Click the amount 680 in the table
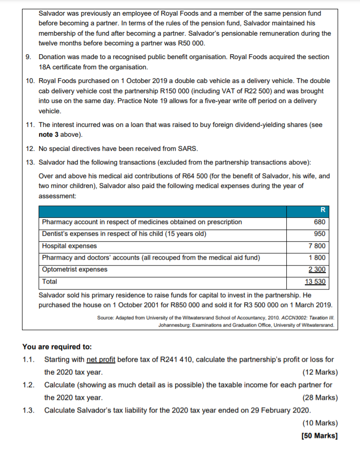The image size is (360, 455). [x=320, y=222]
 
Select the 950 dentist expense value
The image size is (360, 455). [x=320, y=234]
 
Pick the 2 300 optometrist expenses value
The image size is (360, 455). [x=317, y=269]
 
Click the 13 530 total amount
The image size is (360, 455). [x=315, y=282]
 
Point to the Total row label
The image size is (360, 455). [x=49, y=282]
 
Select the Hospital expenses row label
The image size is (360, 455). [x=69, y=246]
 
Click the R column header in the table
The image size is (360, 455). [x=322, y=210]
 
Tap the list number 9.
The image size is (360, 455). [x=29, y=57]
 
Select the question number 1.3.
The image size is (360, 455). [x=28, y=410]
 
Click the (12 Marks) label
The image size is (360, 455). [x=320, y=372]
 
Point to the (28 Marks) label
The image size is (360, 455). [x=320, y=397]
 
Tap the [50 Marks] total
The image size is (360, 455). [x=320, y=435]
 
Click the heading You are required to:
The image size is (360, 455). [x=57, y=347]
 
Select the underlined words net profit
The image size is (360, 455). [x=101, y=360]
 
